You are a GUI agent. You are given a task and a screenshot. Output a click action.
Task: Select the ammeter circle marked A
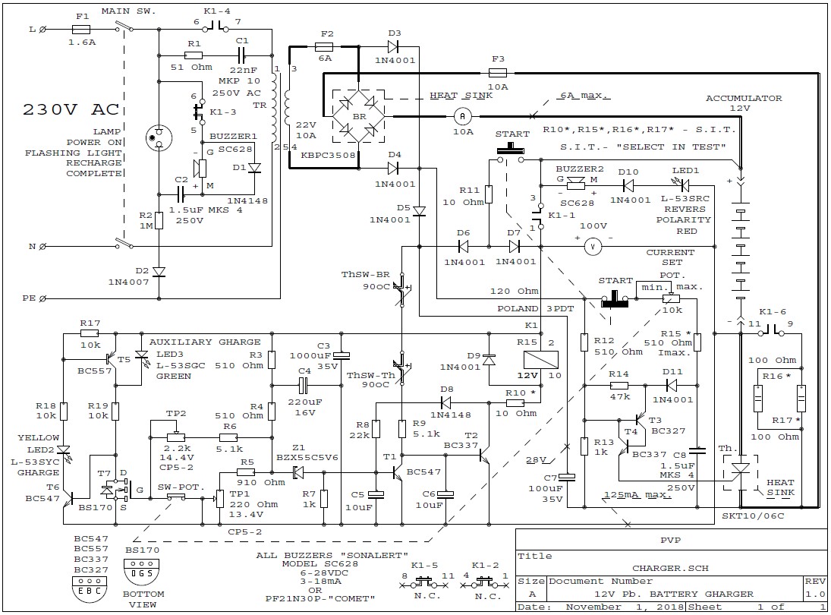(462, 116)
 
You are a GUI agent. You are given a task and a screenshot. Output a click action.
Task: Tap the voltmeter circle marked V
(593, 247)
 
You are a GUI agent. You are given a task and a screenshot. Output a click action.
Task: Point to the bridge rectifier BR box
(359, 116)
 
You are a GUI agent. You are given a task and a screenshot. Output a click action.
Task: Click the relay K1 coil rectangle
(540, 360)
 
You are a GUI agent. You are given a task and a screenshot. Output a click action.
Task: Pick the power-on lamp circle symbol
(159, 138)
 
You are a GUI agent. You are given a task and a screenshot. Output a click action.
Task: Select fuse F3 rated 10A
(497, 73)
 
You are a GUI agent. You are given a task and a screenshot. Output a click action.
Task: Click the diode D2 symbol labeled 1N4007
(159, 272)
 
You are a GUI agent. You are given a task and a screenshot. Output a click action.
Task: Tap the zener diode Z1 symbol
(298, 471)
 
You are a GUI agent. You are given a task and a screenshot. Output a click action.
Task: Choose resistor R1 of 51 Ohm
(194, 55)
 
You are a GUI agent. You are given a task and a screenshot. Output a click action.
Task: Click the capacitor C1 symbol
(241, 55)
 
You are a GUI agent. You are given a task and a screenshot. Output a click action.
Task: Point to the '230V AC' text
(71, 110)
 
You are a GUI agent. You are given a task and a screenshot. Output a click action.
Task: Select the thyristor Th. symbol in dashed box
(741, 469)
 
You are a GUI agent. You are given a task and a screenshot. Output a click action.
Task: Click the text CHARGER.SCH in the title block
(670, 568)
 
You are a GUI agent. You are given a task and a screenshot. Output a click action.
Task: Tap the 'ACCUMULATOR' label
(744, 98)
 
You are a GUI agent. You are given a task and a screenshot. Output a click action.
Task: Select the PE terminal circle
(43, 298)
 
